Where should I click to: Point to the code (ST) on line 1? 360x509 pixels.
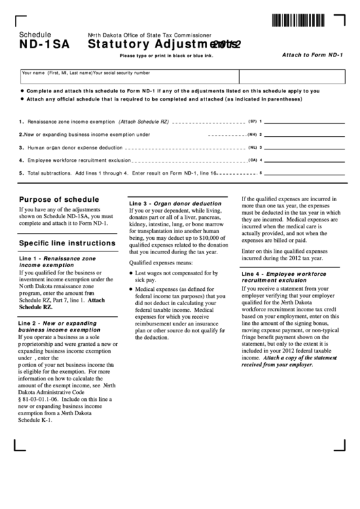pyautogui.click(x=251, y=121)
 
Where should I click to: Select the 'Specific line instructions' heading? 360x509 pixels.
pyautogui.click(x=67, y=243)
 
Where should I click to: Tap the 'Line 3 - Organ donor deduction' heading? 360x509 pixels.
pyautogui.click(x=175, y=203)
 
